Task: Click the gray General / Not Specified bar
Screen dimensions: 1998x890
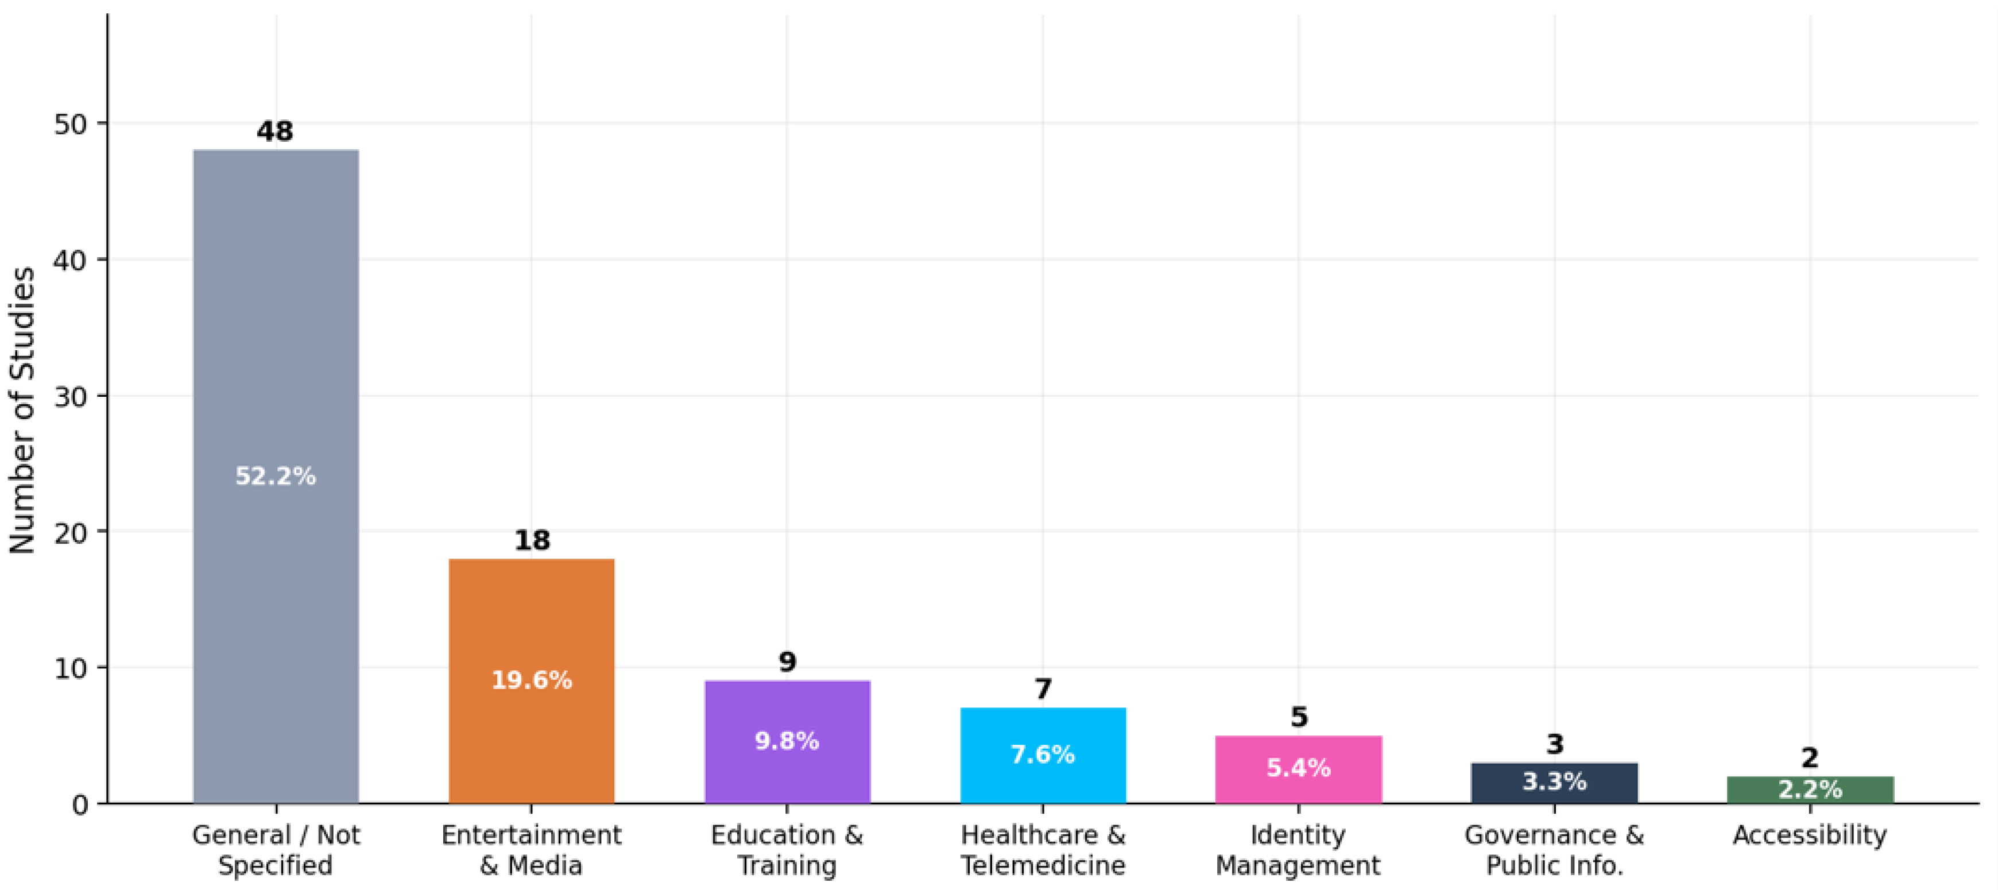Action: click(276, 477)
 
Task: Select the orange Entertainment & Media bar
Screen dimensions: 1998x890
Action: click(532, 681)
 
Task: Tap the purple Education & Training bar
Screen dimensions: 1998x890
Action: click(787, 742)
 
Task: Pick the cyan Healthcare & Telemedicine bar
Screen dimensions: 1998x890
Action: click(1043, 756)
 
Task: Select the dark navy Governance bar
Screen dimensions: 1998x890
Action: click(1555, 783)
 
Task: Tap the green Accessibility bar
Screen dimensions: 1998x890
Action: click(1810, 790)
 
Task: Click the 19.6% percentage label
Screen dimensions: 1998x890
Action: click(532, 680)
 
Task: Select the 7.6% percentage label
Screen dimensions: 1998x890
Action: click(1043, 754)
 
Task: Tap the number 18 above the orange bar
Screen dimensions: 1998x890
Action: click(532, 540)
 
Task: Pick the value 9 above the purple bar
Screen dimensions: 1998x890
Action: click(787, 662)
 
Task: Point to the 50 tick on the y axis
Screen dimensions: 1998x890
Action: click(71, 124)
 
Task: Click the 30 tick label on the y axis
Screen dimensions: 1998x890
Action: click(71, 397)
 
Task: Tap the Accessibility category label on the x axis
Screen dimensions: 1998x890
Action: click(1810, 835)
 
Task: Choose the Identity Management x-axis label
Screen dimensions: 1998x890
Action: click(1298, 850)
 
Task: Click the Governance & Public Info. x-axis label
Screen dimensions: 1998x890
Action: click(1554, 850)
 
